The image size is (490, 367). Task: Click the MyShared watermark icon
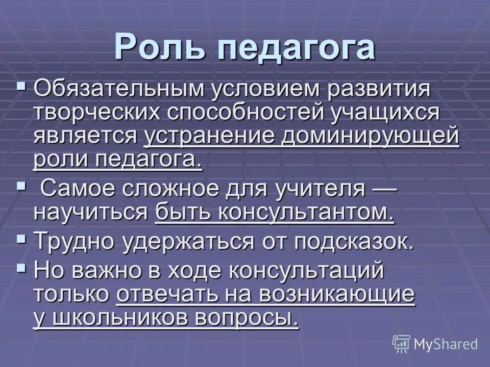[x=401, y=344]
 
